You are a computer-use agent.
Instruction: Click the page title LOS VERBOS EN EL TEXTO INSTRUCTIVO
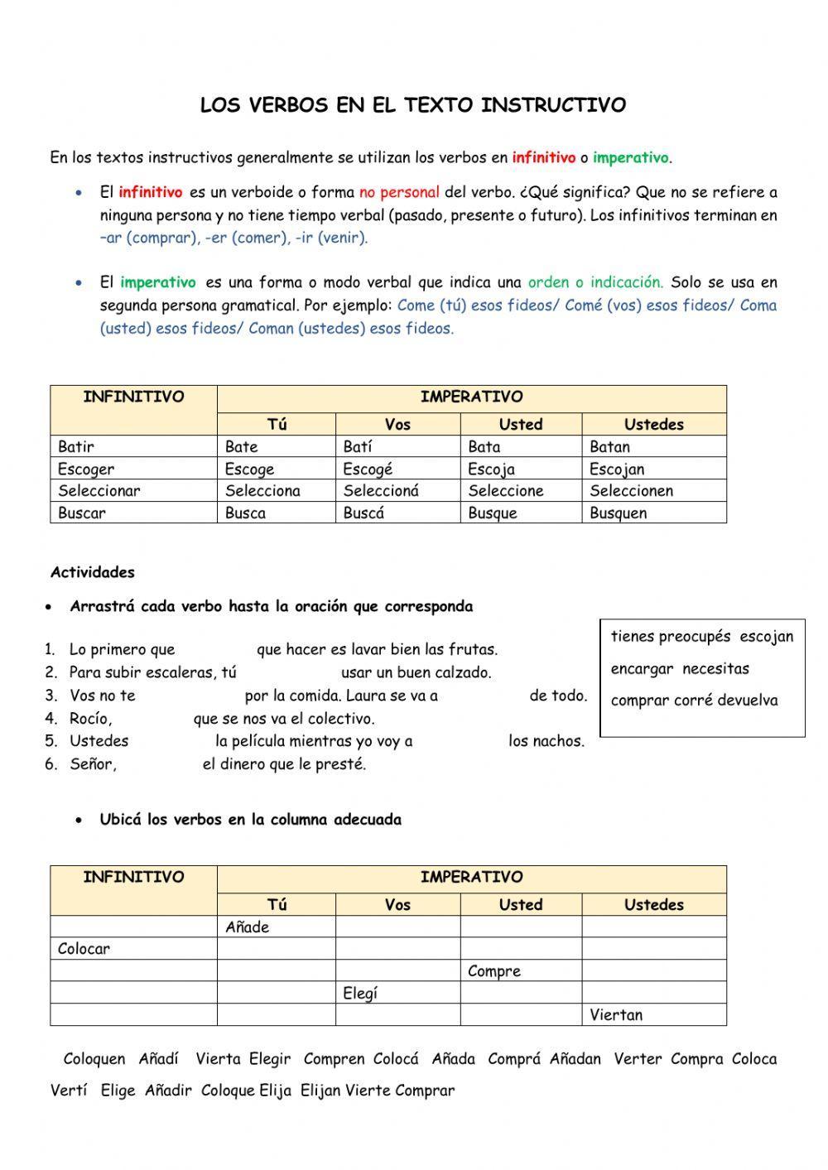413,105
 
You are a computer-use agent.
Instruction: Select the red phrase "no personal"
399,192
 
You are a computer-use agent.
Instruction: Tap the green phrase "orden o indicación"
595,282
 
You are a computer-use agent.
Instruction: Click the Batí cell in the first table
358,446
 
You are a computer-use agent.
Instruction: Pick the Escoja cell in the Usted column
491,469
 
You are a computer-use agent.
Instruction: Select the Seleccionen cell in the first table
631,490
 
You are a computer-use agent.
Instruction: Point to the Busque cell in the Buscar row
492,513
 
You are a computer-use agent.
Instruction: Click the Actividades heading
92,572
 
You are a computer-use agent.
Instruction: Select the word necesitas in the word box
715,668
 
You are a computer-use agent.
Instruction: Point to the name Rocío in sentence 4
90,718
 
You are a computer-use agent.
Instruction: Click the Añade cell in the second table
248,927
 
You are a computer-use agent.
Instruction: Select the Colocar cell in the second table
84,949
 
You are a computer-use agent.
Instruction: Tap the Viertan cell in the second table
616,1014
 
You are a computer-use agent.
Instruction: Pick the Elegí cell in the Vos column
360,993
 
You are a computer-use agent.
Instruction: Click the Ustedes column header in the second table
653,904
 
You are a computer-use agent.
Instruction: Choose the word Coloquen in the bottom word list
94,1058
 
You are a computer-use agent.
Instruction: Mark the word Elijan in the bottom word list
320,1091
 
